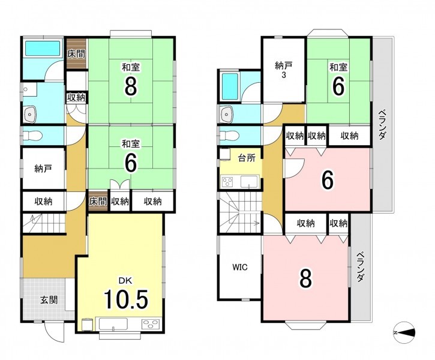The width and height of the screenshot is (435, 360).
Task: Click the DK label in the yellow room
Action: (x=125, y=280)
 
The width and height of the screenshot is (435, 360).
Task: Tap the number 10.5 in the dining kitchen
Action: (x=126, y=299)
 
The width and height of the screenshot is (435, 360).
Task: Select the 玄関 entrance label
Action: (x=49, y=300)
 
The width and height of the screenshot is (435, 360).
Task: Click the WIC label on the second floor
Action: (x=240, y=268)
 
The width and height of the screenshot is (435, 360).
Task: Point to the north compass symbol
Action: (x=404, y=332)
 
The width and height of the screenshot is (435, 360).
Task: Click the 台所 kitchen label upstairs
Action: (x=247, y=158)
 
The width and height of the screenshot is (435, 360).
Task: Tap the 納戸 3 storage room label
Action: (x=284, y=70)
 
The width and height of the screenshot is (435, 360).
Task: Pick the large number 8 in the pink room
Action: (x=305, y=278)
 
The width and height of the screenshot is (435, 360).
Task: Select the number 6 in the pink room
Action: (x=328, y=179)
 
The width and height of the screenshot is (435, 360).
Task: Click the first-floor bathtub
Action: (x=43, y=48)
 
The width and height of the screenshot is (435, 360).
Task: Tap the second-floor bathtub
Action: (x=230, y=87)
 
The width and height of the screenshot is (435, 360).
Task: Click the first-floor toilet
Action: (x=32, y=136)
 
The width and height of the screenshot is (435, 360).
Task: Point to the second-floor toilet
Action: (x=229, y=136)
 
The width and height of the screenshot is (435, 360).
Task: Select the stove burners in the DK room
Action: (x=151, y=324)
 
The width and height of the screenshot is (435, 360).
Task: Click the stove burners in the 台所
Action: (x=227, y=182)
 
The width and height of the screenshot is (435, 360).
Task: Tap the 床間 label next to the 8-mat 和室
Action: (x=76, y=54)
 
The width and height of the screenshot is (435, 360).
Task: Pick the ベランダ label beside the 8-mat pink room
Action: (x=360, y=267)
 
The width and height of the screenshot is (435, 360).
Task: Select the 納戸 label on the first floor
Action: (x=43, y=169)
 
